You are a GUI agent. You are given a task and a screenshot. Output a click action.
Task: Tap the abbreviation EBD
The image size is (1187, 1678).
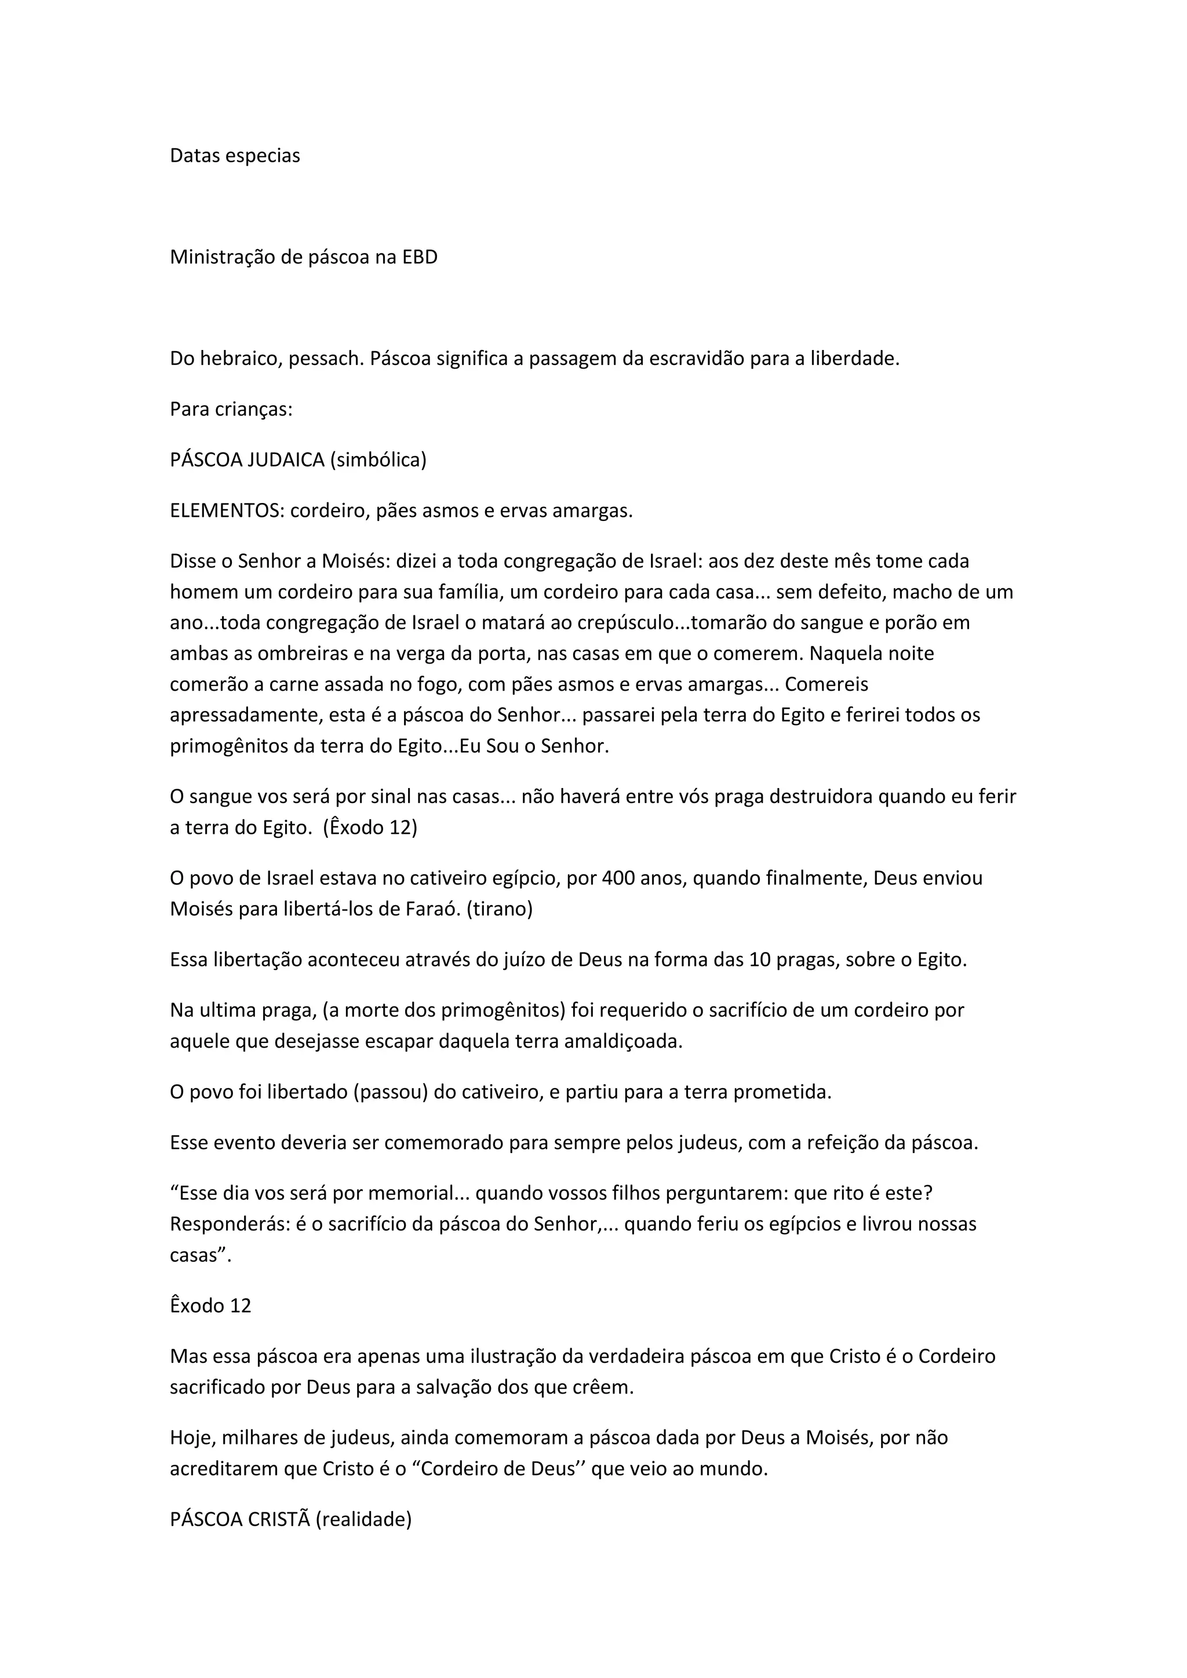[420, 257]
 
